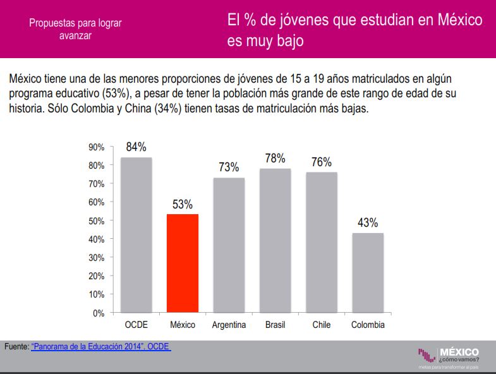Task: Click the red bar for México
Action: coord(183,263)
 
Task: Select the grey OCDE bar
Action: coord(136,235)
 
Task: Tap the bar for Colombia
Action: coord(368,273)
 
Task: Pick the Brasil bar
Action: coord(275,241)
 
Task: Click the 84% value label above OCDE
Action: coord(136,147)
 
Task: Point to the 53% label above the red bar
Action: coord(183,204)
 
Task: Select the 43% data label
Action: coord(368,222)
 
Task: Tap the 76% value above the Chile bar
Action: coord(322,162)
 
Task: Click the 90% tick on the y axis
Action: coord(96,147)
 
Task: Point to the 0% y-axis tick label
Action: coord(98,313)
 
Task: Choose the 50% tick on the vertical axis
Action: coord(96,221)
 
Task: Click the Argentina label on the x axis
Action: coord(229,325)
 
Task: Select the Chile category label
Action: coord(322,325)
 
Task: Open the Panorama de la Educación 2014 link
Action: coord(100,347)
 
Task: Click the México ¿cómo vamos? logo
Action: coord(448,355)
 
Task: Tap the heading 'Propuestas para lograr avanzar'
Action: coord(75,29)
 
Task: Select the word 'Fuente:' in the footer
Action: coord(16,347)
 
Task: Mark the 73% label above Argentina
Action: coord(229,167)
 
